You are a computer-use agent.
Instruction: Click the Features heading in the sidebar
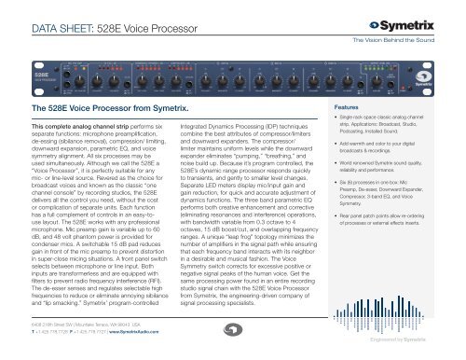coord(374,134)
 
